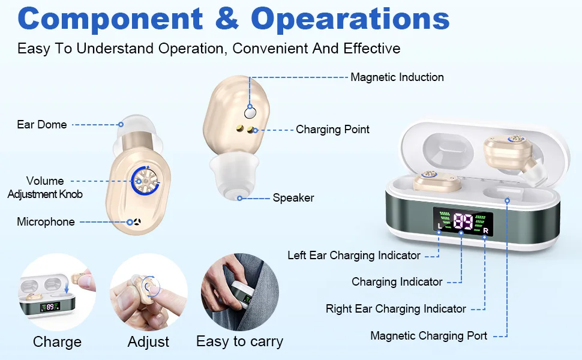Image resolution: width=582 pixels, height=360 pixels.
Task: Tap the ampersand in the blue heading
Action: tap(227, 18)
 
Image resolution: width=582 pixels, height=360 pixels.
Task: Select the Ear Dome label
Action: tap(42, 125)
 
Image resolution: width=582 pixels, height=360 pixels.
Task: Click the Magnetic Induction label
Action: tap(397, 77)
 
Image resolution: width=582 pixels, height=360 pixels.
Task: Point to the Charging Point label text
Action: tap(332, 130)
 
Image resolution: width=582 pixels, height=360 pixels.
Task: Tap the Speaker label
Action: tap(293, 198)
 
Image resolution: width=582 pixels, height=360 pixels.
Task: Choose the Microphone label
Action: tap(46, 222)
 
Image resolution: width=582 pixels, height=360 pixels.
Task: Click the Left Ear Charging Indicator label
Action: tap(354, 256)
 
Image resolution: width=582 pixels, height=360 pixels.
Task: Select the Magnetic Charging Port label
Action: tap(429, 336)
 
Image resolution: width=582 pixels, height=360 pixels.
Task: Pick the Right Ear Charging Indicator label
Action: tap(395, 309)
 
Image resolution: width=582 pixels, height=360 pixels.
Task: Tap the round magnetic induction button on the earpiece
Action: tap(250, 113)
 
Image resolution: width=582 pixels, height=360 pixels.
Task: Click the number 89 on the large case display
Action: tap(463, 221)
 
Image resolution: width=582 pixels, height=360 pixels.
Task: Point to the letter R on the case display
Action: tap(485, 231)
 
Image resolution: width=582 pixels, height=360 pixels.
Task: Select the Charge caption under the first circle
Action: tap(57, 342)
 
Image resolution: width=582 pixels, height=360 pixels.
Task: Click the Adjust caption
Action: tap(148, 342)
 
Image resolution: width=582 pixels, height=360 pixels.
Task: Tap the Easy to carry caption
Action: tap(240, 341)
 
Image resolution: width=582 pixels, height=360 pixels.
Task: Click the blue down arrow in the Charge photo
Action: tap(67, 286)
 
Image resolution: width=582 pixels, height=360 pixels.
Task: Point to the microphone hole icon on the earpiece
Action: tap(137, 222)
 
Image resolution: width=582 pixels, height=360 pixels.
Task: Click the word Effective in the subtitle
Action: tap(372, 49)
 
